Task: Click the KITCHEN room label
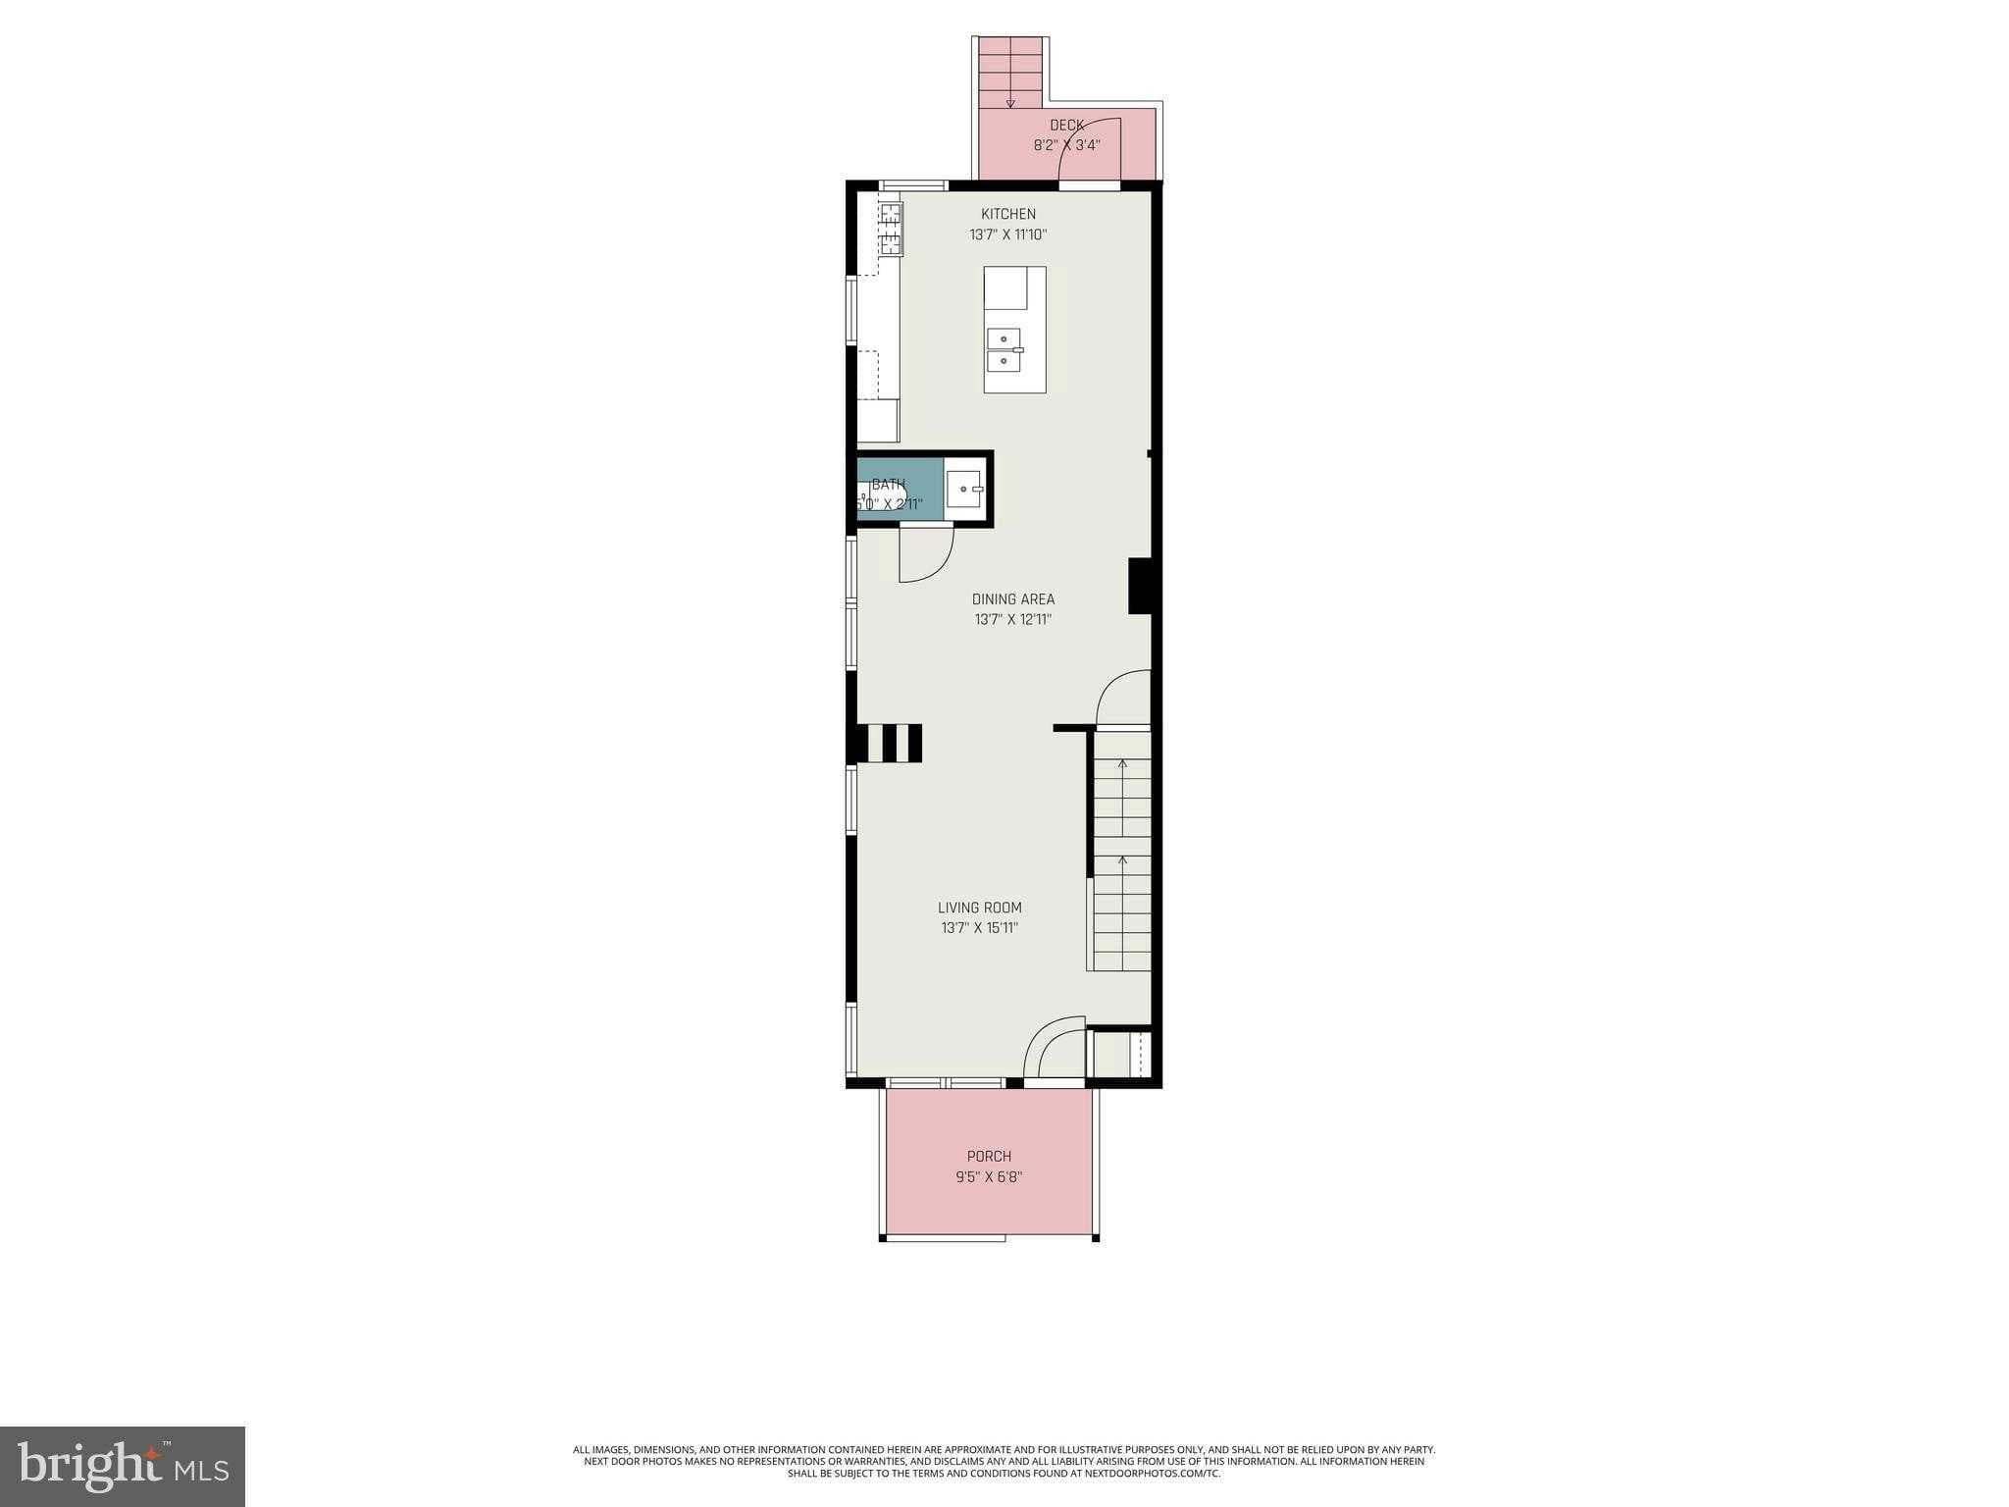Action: tap(1008, 214)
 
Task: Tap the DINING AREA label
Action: tap(1013, 599)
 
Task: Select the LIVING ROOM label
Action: tap(979, 908)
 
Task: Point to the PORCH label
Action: tap(989, 1157)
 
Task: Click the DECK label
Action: tap(1066, 126)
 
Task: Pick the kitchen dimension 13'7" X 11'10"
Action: tap(1008, 235)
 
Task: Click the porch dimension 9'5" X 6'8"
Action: tap(989, 1177)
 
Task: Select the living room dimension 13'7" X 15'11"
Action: tap(979, 928)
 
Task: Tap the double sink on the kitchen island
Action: tap(1005, 350)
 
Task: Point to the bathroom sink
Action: tap(968, 489)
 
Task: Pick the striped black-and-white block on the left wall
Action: tap(890, 743)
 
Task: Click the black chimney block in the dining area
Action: tap(1139, 586)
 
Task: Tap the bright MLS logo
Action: tap(123, 1466)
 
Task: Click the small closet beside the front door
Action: tap(1118, 1055)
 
